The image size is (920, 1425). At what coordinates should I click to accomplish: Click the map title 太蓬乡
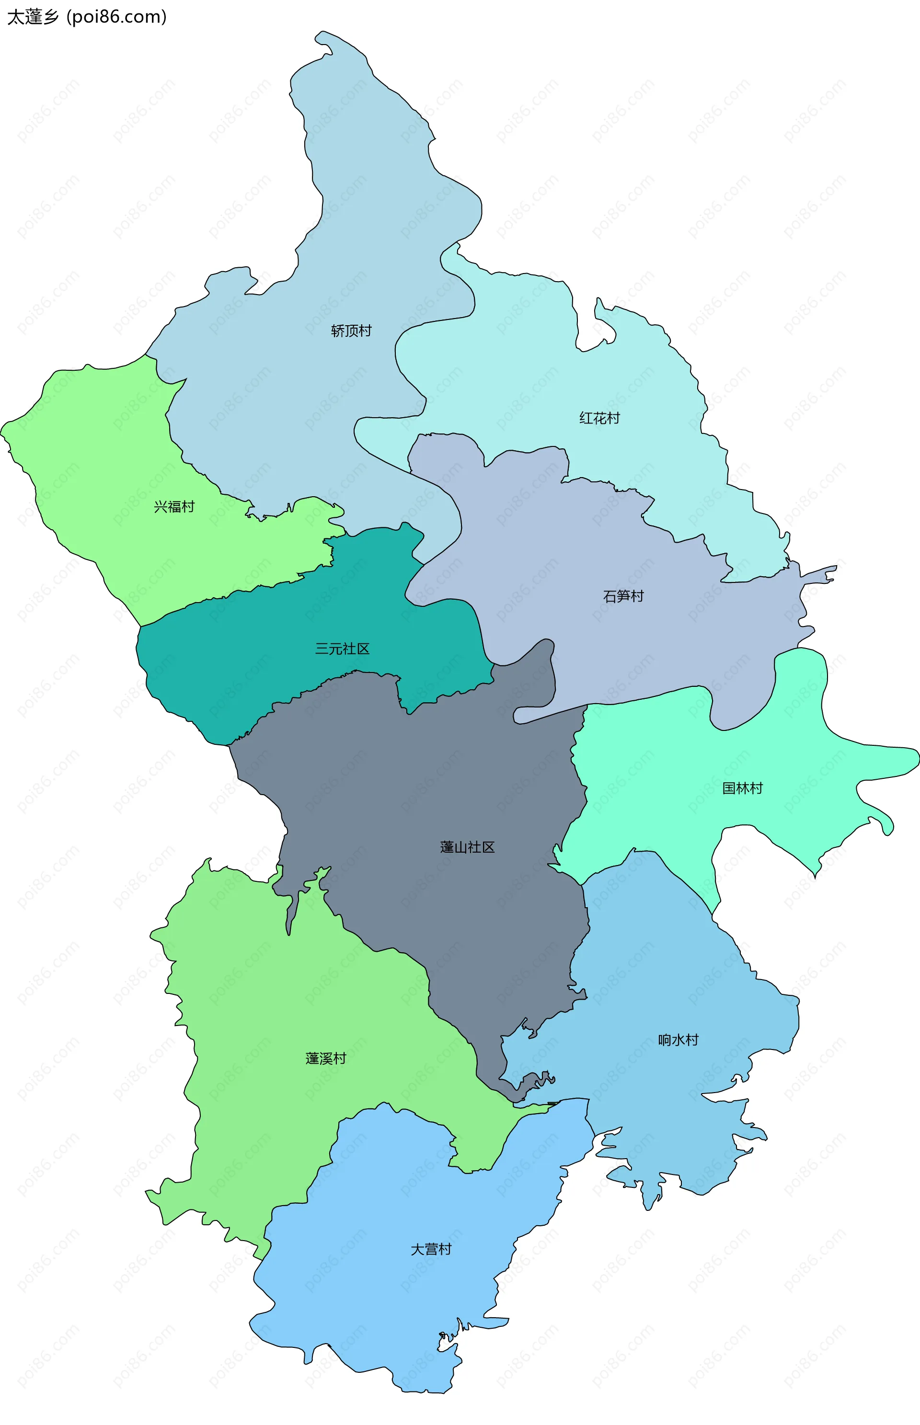33,17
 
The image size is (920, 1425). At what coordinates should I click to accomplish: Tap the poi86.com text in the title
116,17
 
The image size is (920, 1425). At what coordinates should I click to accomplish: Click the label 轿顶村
351,331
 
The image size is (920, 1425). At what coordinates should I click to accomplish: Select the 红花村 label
599,418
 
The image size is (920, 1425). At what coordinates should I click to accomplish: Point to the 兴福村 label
174,507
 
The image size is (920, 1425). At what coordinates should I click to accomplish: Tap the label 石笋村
623,596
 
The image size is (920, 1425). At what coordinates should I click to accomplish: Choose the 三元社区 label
342,649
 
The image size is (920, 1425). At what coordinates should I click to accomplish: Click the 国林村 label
742,788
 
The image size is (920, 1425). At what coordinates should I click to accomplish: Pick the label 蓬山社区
467,847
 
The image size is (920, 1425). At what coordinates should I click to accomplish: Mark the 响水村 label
678,1040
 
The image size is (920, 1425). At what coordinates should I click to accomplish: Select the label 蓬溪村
325,1058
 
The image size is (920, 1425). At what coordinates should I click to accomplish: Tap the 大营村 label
431,1249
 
